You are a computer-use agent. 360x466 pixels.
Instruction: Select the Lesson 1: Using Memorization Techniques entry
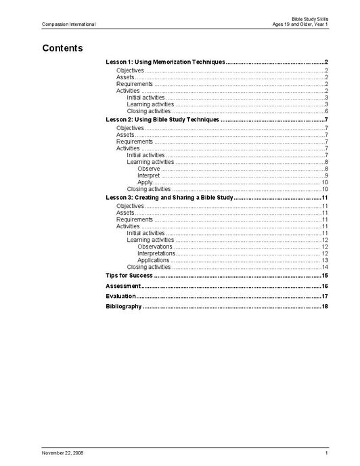point(165,62)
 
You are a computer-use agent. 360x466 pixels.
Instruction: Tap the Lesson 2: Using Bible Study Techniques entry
point(162,120)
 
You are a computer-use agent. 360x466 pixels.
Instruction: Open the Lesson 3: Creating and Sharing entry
point(169,197)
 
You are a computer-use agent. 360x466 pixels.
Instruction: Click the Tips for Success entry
point(129,276)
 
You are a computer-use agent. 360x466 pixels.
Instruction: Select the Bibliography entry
point(124,306)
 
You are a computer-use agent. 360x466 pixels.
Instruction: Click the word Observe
point(148,169)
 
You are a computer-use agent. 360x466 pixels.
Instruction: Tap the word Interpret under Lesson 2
point(149,175)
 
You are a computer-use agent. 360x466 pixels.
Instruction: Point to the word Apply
point(145,182)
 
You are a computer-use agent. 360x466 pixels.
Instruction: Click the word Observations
point(155,247)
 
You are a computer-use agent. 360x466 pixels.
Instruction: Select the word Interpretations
point(156,253)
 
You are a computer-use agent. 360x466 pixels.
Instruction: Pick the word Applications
point(154,260)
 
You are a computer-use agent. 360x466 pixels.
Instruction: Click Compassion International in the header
point(68,24)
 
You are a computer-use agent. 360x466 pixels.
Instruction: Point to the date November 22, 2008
point(63,452)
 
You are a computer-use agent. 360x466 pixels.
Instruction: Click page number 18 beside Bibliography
point(325,306)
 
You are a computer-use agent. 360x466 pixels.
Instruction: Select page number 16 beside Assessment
point(325,286)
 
